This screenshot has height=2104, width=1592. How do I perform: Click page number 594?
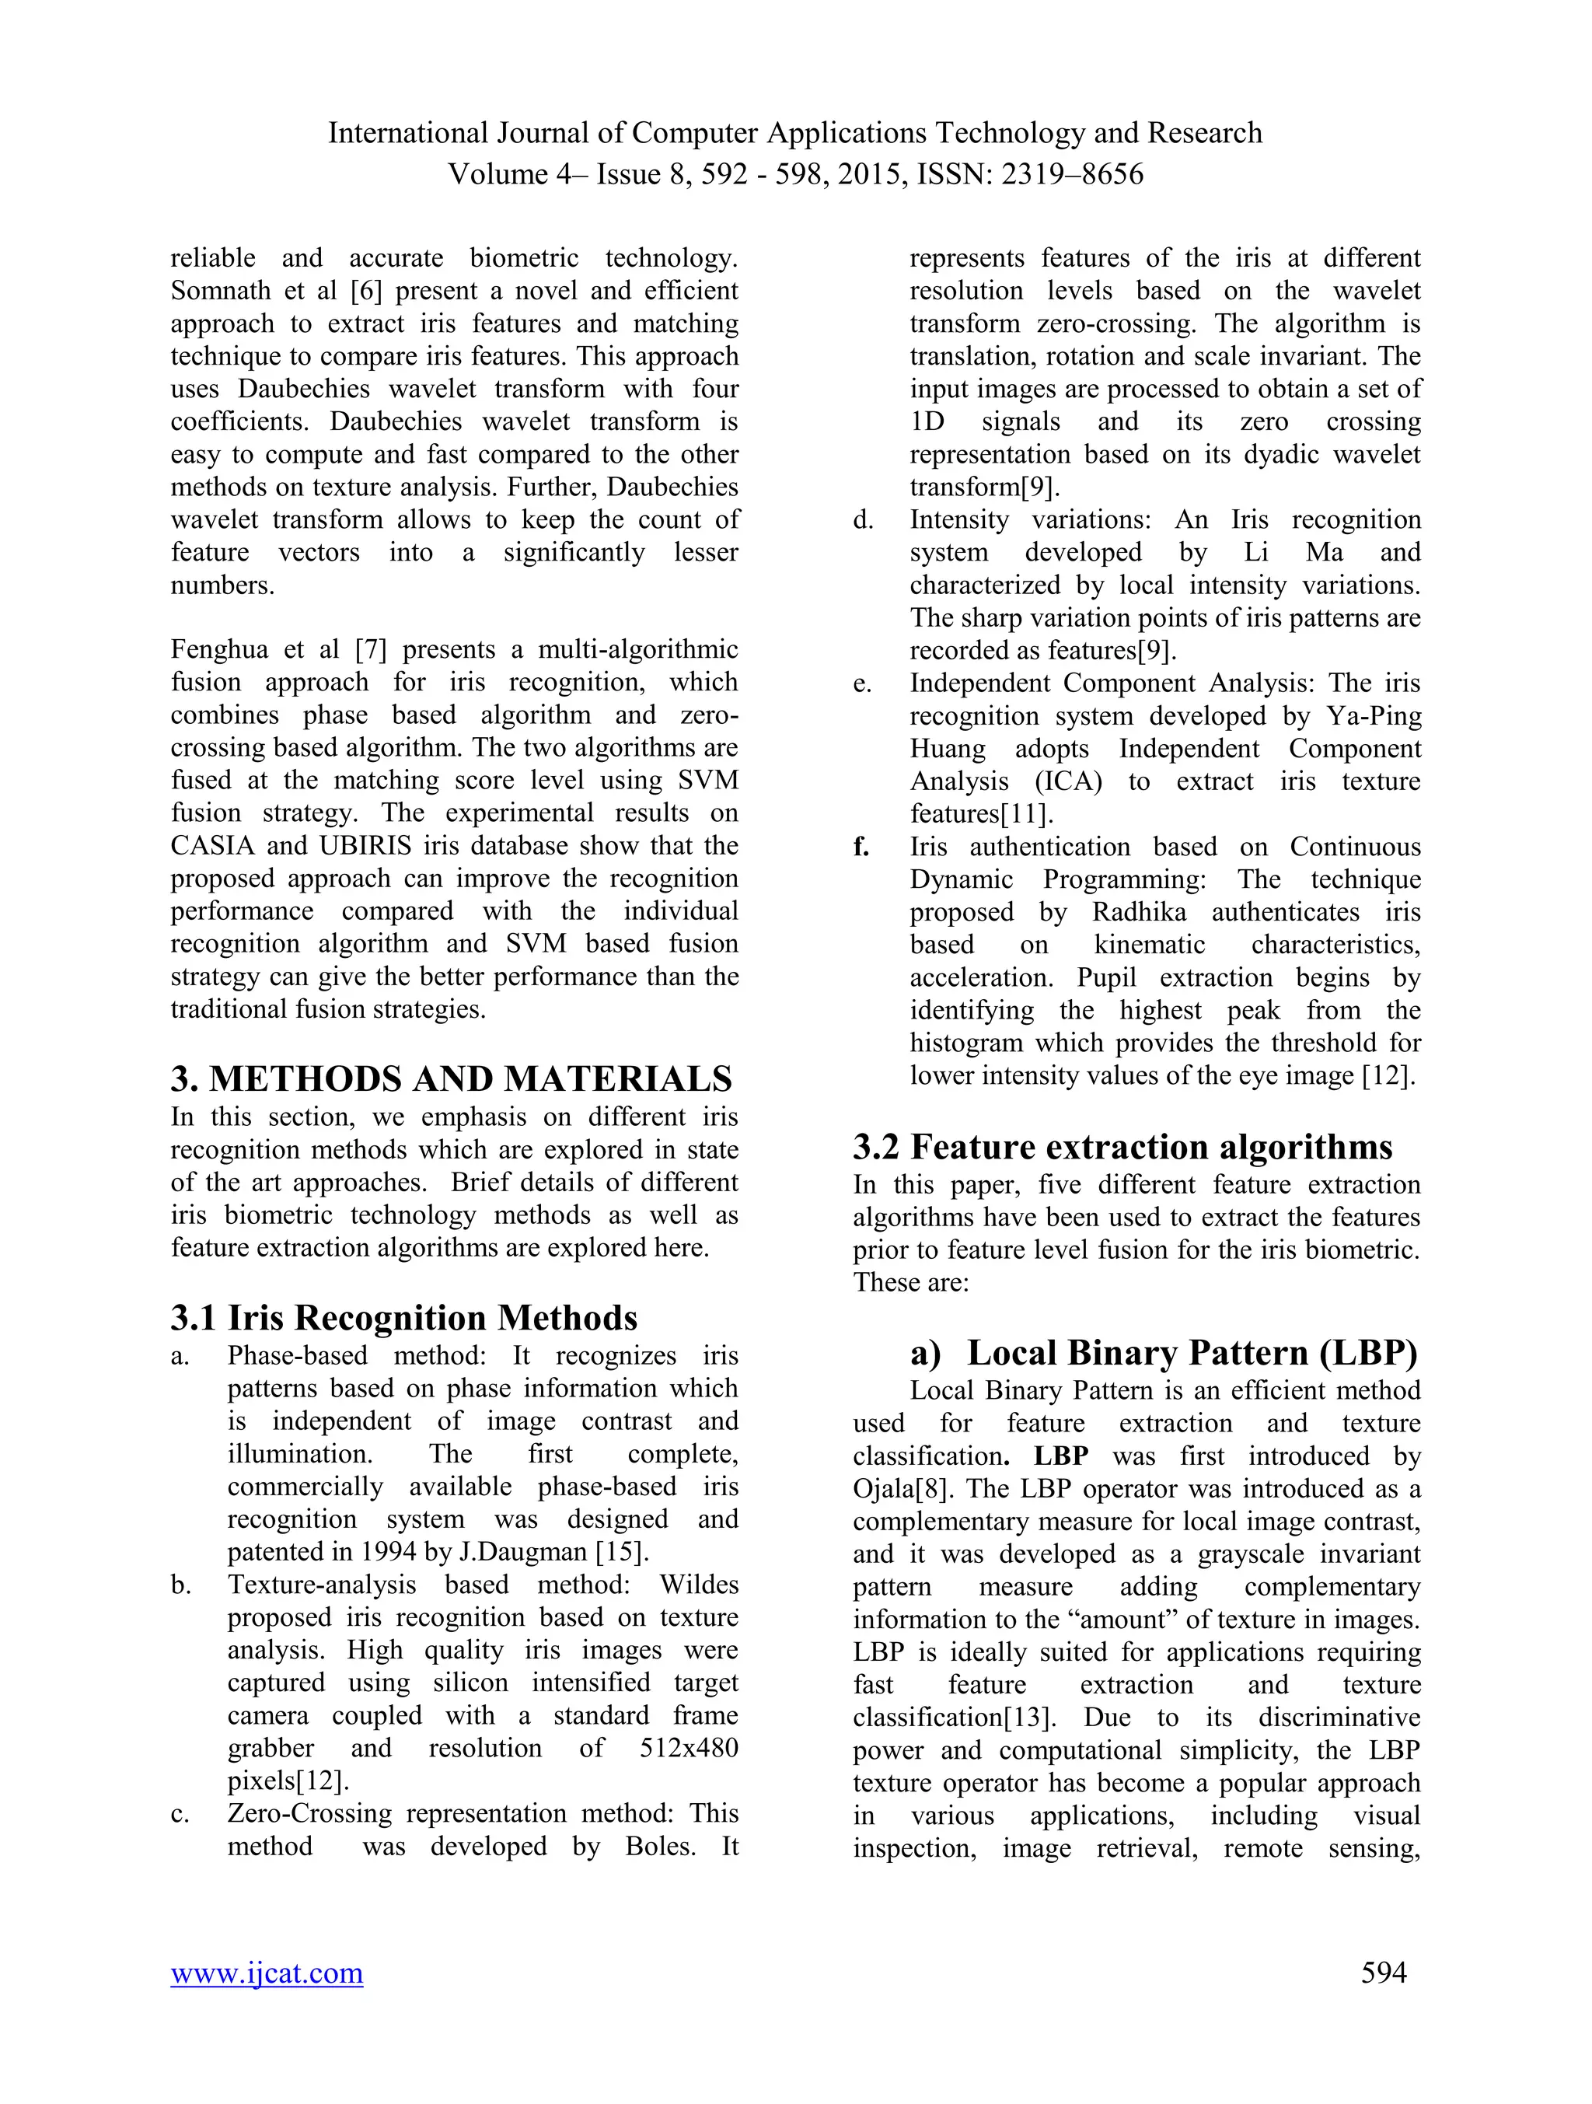[x=1383, y=1972]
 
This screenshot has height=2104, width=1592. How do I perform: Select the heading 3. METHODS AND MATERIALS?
[x=451, y=1078]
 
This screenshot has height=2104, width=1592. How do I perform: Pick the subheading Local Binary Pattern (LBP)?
[x=1192, y=1353]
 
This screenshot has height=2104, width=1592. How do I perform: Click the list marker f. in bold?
[x=861, y=847]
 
